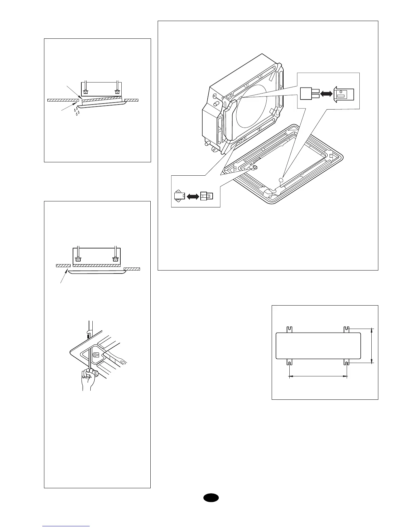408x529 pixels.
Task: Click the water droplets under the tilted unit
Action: point(77,112)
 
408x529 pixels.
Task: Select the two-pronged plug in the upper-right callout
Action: point(310,94)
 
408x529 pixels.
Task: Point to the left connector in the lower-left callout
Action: point(179,196)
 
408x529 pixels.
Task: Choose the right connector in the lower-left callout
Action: point(206,197)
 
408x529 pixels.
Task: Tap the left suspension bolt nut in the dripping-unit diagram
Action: point(86,92)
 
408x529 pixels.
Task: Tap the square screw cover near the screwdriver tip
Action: point(95,355)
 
